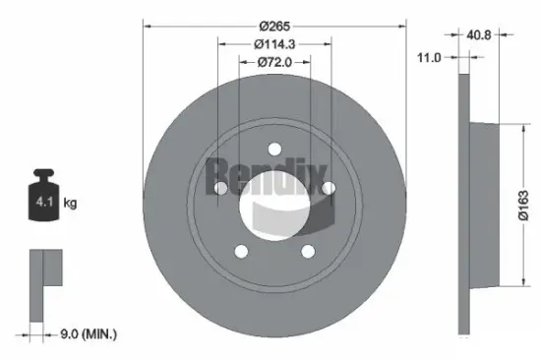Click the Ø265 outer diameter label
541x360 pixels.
(275, 25)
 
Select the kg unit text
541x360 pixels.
(70, 204)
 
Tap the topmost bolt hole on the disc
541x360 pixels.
(274, 150)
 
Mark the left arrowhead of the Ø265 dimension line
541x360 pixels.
(148, 25)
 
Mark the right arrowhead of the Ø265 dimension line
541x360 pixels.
(402, 25)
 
